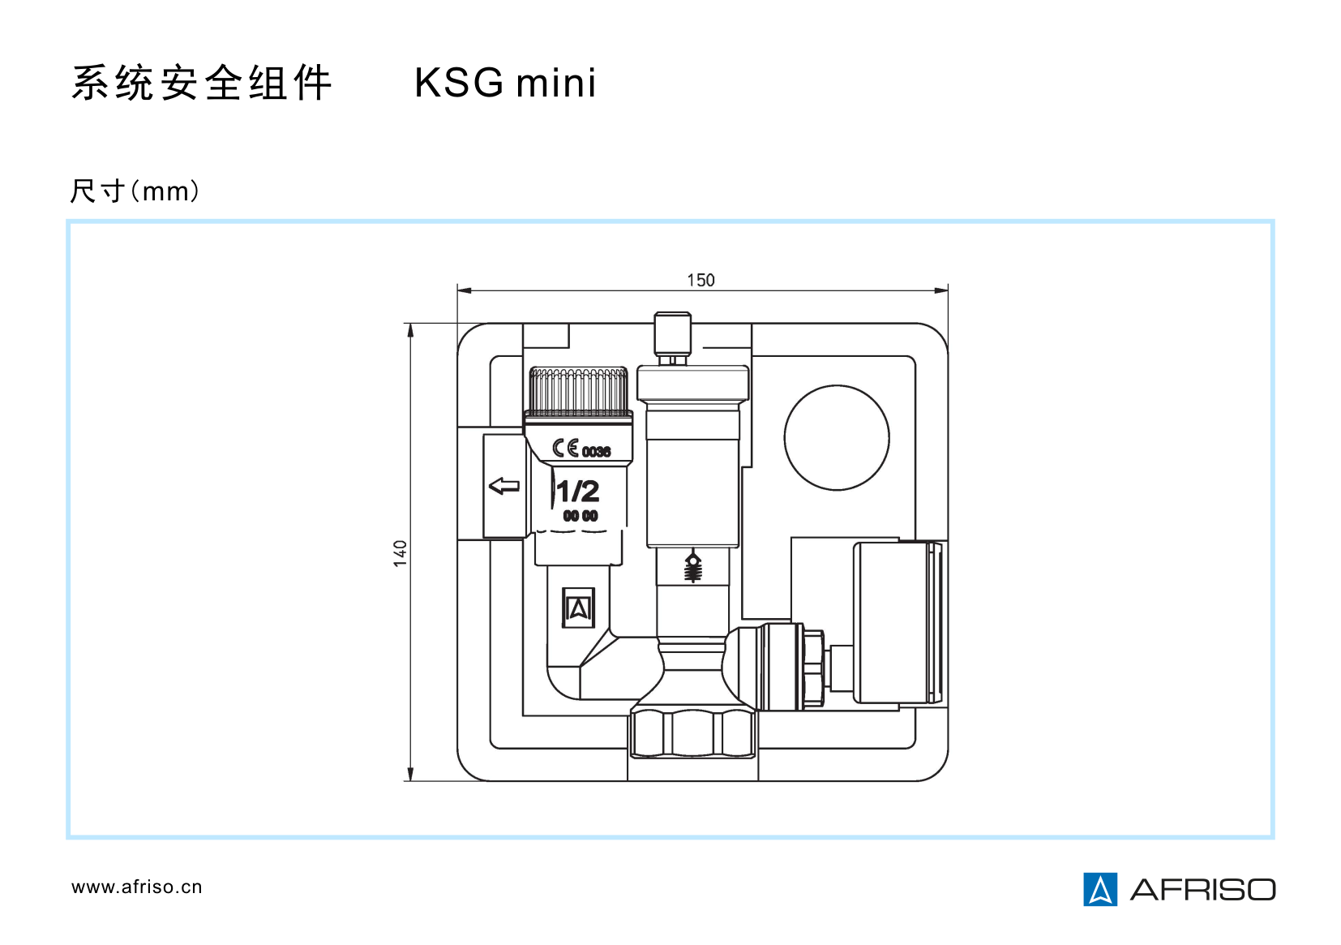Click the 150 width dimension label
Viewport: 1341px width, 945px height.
tap(700, 281)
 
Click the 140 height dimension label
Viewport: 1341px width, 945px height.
tap(401, 553)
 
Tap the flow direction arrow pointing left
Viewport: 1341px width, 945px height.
tap(504, 486)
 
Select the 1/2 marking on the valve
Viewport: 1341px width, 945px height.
tap(578, 492)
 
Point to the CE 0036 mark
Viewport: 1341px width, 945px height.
tap(581, 449)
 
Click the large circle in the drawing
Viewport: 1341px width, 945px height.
tap(837, 438)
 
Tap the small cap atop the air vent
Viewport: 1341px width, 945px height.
tap(673, 333)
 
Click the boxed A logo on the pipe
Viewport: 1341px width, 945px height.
tap(578, 608)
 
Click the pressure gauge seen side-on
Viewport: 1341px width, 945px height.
tap(896, 622)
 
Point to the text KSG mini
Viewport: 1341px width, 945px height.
tap(505, 84)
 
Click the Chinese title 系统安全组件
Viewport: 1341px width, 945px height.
tap(202, 84)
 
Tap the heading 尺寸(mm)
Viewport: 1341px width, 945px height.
tap(135, 191)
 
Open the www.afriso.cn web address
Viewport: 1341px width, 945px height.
tap(136, 887)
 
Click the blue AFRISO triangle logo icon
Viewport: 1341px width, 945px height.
tap(1100, 889)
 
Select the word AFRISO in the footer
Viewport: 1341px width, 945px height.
tap(1202, 890)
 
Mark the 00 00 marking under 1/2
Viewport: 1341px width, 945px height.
tap(581, 516)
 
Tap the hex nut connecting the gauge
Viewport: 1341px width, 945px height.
tap(812, 667)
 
